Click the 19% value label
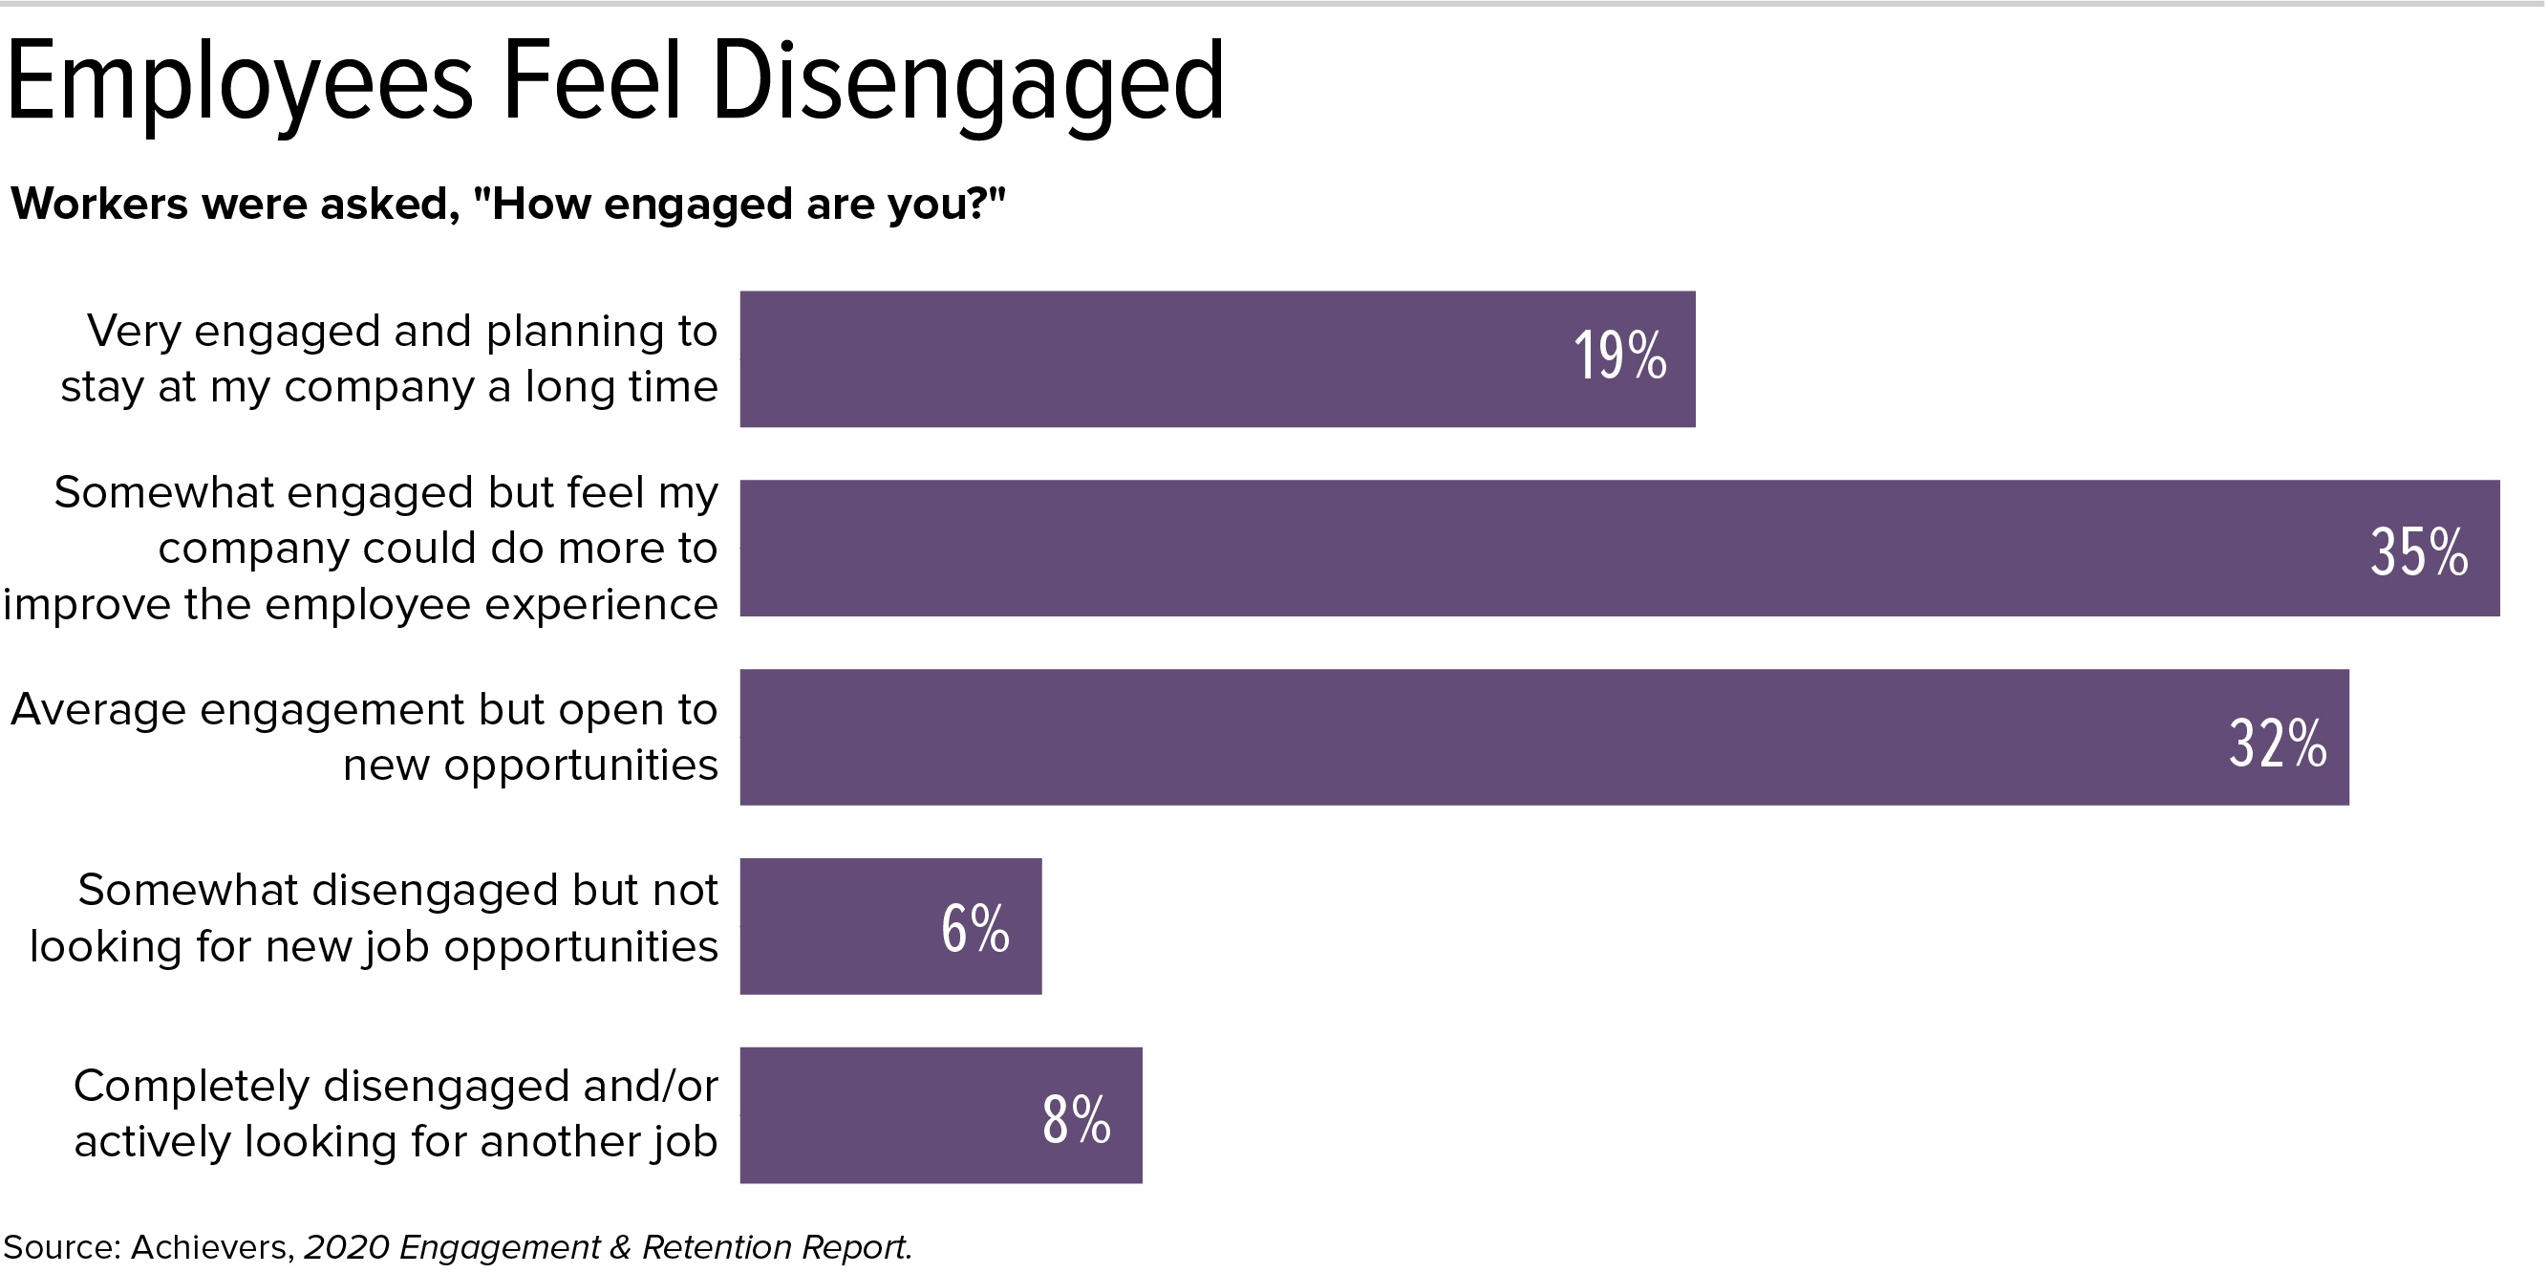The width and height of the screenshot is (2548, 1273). click(1619, 356)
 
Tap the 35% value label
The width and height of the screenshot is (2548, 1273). click(2418, 552)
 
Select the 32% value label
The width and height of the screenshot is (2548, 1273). click(2277, 743)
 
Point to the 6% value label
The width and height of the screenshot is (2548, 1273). click(975, 929)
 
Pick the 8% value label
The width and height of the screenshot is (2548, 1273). click(1076, 1120)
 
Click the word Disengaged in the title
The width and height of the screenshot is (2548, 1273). click(968, 83)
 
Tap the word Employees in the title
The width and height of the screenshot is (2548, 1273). click(240, 83)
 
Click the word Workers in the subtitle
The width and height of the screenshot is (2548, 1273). click(99, 204)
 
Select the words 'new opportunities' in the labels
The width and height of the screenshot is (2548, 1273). click(530, 766)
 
